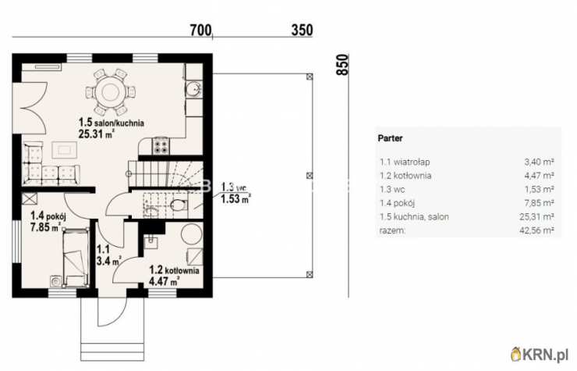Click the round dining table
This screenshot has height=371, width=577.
coord(110,91)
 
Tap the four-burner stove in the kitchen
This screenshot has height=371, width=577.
coord(161,145)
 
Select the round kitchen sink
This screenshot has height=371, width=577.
coord(193,89)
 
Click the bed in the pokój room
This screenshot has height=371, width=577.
coord(76,258)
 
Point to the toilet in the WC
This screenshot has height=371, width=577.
coord(179,205)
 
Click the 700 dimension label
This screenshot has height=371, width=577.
coord(201,30)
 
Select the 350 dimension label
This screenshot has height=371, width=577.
coord(302,30)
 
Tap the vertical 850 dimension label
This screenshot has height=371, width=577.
coord(342,65)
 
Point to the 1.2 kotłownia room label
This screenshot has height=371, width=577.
coord(174,270)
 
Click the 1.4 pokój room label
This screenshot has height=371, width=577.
coord(48,216)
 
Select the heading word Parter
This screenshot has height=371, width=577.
coord(390,138)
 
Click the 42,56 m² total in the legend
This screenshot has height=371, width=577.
coord(537,230)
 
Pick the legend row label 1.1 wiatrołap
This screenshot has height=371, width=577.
coord(405,162)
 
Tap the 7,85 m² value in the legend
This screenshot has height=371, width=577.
coord(539,203)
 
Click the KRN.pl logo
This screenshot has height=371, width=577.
coord(540,355)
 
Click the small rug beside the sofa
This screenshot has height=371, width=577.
coord(65,150)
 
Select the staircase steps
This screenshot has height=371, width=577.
coord(165,174)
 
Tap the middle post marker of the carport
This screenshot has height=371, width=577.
coord(310,176)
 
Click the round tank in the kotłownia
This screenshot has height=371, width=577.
coord(191,234)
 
